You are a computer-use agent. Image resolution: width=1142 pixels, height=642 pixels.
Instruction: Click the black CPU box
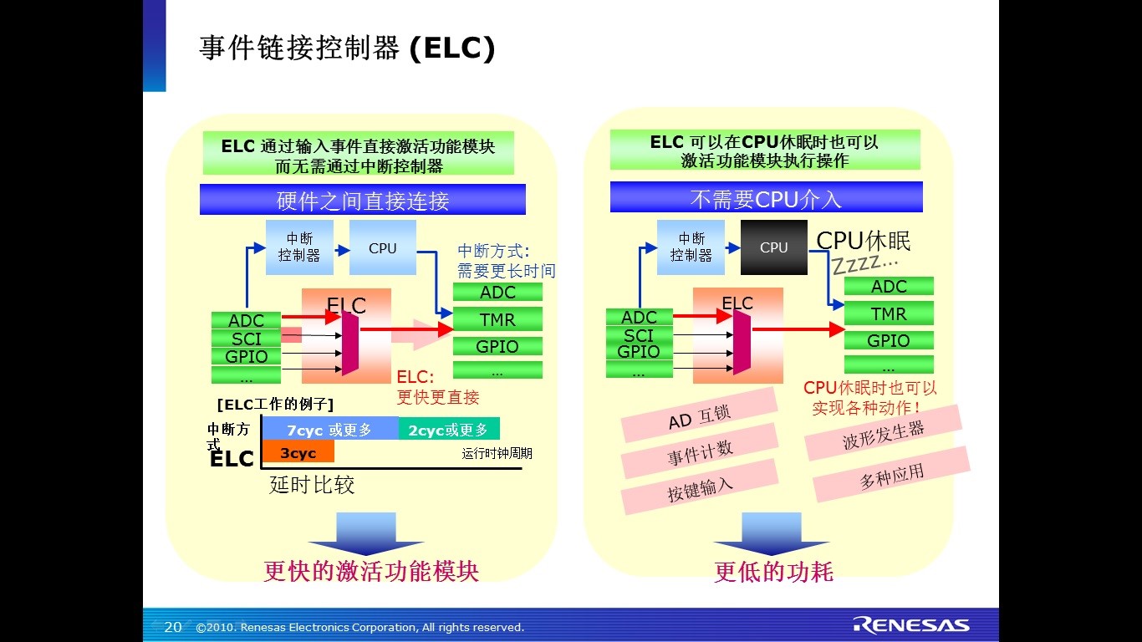click(x=773, y=247)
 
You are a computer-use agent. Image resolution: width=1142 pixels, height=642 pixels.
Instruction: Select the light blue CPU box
click(x=382, y=247)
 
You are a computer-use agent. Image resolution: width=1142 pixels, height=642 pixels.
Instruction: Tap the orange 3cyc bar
click(x=298, y=452)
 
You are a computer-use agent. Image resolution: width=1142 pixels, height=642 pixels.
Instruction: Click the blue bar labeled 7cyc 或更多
click(x=329, y=430)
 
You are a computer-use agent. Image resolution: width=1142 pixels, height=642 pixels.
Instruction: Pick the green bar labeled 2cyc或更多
click(x=448, y=430)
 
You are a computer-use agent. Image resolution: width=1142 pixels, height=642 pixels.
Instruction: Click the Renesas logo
click(x=911, y=625)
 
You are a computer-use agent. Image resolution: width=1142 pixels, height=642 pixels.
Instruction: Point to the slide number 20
click(x=173, y=627)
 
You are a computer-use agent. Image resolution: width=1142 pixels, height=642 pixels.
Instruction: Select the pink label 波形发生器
click(x=883, y=433)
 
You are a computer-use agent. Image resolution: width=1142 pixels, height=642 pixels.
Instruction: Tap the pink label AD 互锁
click(x=700, y=415)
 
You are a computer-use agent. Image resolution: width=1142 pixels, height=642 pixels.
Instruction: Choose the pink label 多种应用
click(x=891, y=475)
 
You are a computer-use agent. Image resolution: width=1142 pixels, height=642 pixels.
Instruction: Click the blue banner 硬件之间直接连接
click(x=363, y=201)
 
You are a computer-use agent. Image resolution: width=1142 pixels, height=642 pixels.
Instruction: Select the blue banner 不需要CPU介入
click(x=766, y=199)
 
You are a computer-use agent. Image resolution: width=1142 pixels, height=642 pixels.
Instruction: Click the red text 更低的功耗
click(x=773, y=572)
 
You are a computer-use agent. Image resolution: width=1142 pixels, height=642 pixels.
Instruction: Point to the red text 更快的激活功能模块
click(x=371, y=571)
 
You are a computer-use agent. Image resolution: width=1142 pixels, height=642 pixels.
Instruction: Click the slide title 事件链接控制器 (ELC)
click(x=347, y=48)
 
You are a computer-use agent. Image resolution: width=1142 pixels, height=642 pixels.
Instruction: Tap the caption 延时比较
click(x=312, y=485)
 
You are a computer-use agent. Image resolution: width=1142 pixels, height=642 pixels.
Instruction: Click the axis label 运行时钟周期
click(x=497, y=453)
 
